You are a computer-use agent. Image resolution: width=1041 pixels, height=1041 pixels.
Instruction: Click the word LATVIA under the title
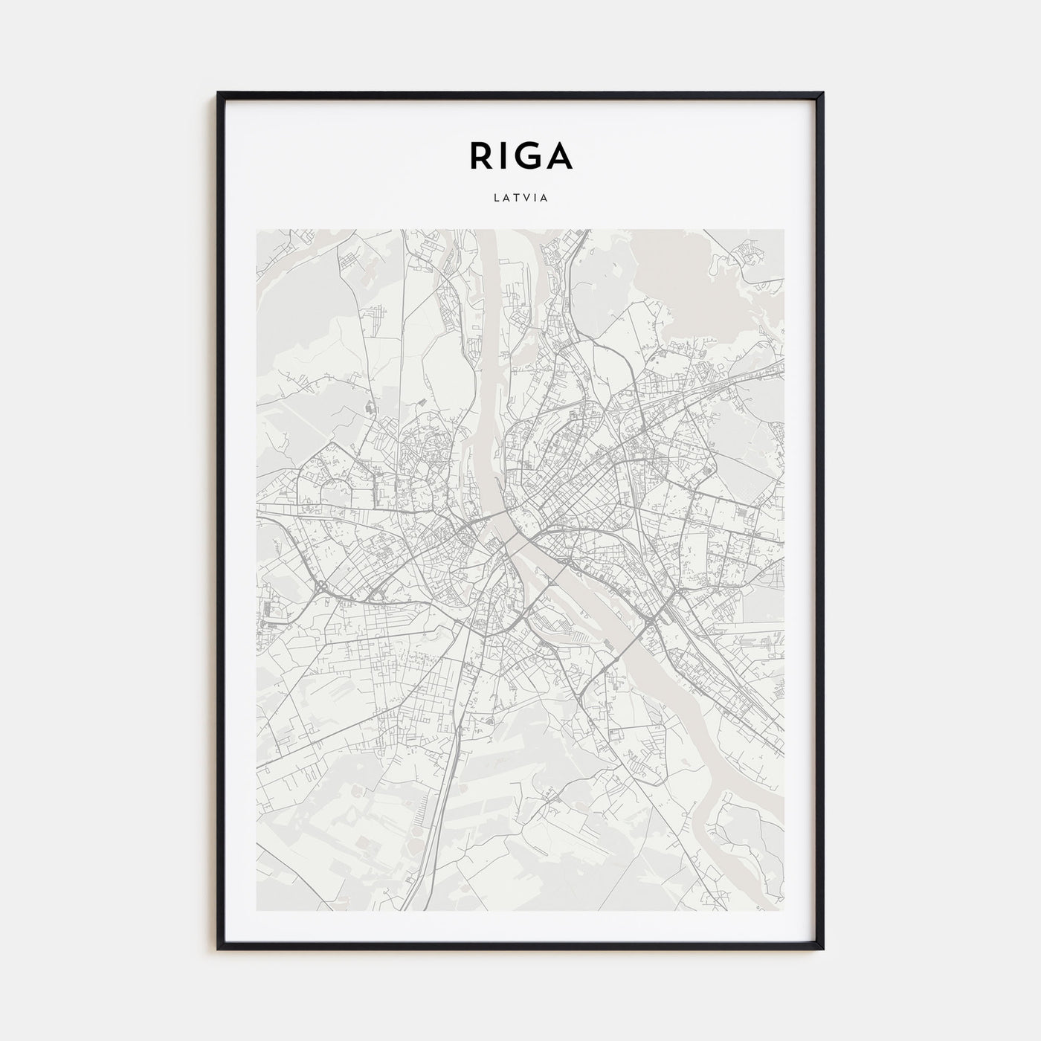click(520, 199)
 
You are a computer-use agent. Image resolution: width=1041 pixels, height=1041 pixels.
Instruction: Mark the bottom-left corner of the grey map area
click(257, 910)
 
